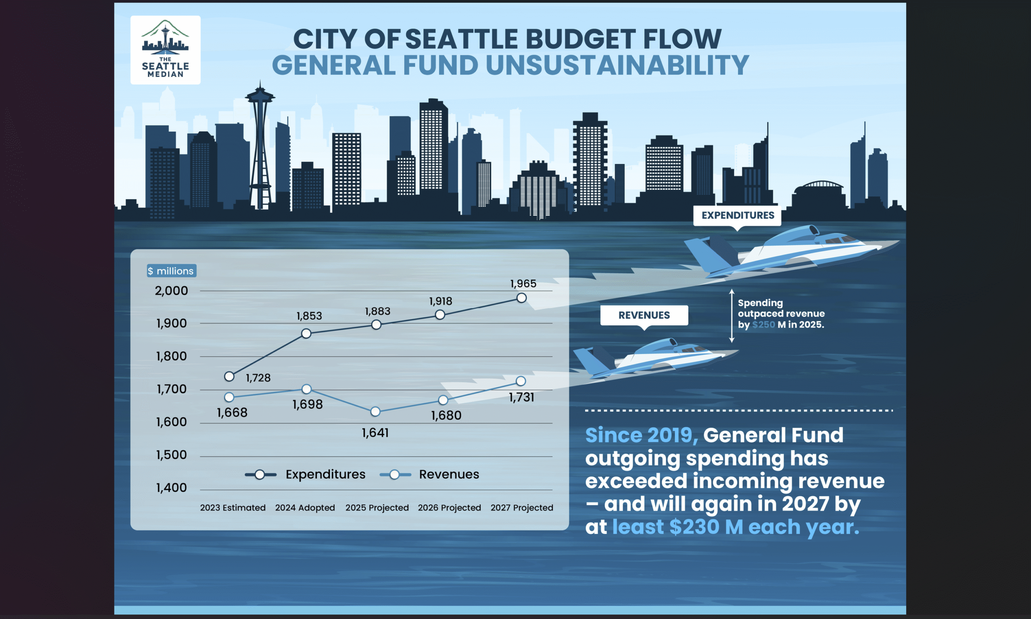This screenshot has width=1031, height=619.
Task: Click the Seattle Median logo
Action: click(165, 50)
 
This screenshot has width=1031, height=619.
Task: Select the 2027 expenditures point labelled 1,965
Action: click(521, 298)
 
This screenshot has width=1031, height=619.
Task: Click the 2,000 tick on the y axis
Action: click(172, 291)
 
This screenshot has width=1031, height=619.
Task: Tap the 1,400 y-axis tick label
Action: click(172, 488)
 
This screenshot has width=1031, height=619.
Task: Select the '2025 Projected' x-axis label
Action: click(377, 507)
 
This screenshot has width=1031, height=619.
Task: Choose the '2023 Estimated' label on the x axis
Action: click(233, 507)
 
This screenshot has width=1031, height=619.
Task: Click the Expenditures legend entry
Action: click(305, 474)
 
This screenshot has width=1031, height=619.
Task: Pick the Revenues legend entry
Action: click(429, 474)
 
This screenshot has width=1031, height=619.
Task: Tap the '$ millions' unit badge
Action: click(172, 271)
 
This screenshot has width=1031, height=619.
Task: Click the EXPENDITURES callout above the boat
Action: click(737, 215)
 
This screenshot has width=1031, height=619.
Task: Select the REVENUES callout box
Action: click(644, 315)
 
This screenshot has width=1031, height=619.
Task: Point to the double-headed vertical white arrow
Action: click(731, 316)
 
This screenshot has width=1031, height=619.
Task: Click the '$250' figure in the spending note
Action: click(764, 325)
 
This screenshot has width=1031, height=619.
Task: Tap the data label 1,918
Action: click(441, 301)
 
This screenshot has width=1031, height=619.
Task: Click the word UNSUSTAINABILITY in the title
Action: click(617, 66)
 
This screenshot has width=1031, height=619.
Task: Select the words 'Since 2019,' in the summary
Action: click(642, 435)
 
